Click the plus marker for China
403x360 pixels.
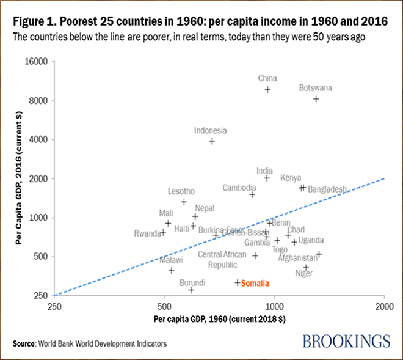(x=267, y=90)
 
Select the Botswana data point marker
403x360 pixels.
(x=316, y=99)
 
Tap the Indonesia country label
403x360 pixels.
(x=211, y=130)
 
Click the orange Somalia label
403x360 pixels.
(x=255, y=283)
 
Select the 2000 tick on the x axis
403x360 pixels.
(x=383, y=306)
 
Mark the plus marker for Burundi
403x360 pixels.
(x=191, y=290)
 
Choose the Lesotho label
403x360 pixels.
(x=181, y=191)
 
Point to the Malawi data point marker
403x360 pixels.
(x=172, y=270)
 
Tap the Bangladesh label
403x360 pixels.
(x=327, y=188)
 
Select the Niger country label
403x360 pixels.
(x=304, y=273)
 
